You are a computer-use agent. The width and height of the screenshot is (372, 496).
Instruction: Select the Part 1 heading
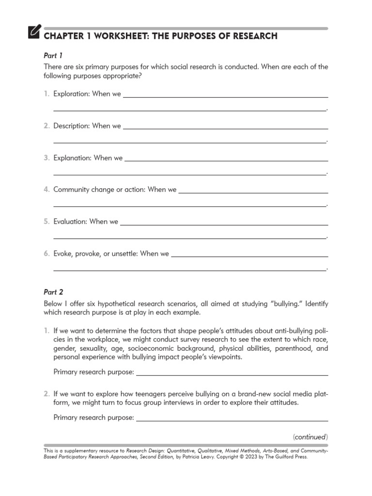pos(53,56)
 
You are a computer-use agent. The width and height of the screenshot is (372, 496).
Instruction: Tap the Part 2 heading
pos(53,292)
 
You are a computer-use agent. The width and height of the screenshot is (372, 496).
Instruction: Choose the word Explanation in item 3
pos(73,158)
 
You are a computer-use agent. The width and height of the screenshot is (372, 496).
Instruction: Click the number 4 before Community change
pos(47,190)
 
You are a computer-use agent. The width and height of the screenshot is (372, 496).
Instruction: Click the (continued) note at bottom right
pos(310,437)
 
